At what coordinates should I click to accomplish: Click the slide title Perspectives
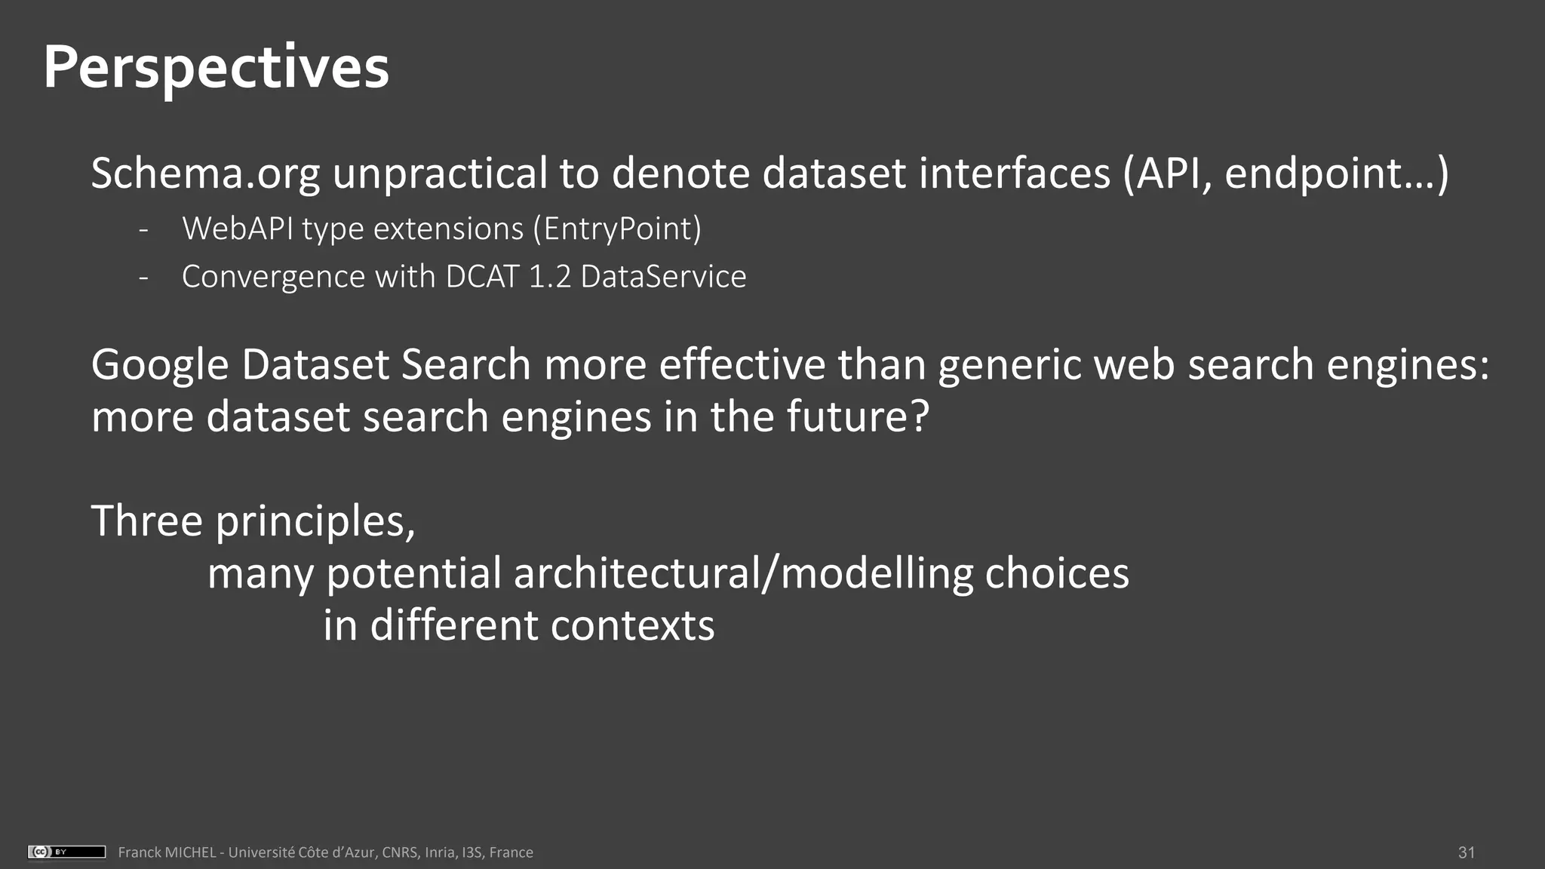point(216,68)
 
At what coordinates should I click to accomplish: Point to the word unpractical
point(440,173)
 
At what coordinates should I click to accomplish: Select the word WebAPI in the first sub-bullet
point(238,229)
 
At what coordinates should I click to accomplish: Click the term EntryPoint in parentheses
point(618,229)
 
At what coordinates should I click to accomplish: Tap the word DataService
point(663,277)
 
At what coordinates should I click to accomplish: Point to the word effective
point(742,365)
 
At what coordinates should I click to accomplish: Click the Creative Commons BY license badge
point(66,852)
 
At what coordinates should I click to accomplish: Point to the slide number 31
point(1466,852)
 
